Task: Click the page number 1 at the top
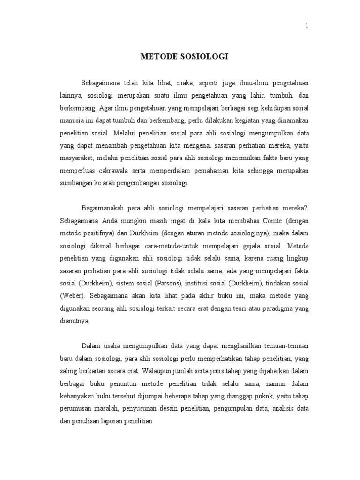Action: pyautogui.click(x=307, y=26)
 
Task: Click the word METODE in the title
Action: pyautogui.click(x=159, y=57)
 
